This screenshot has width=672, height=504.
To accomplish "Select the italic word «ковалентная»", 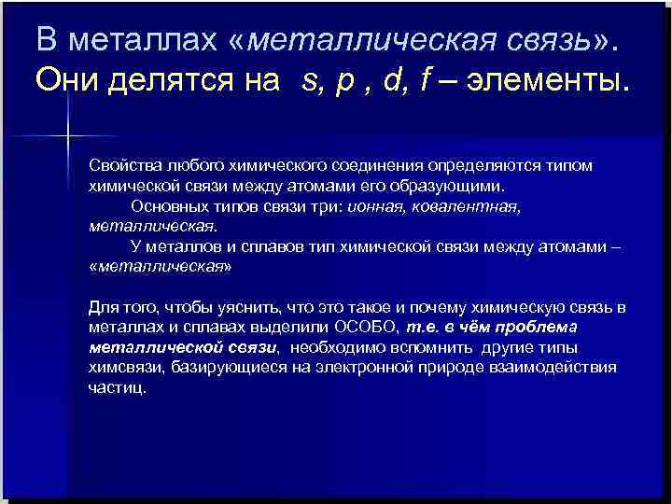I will pyautogui.click(x=471, y=206).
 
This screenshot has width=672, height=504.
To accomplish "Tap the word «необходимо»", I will pyautogui.click(x=331, y=348).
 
